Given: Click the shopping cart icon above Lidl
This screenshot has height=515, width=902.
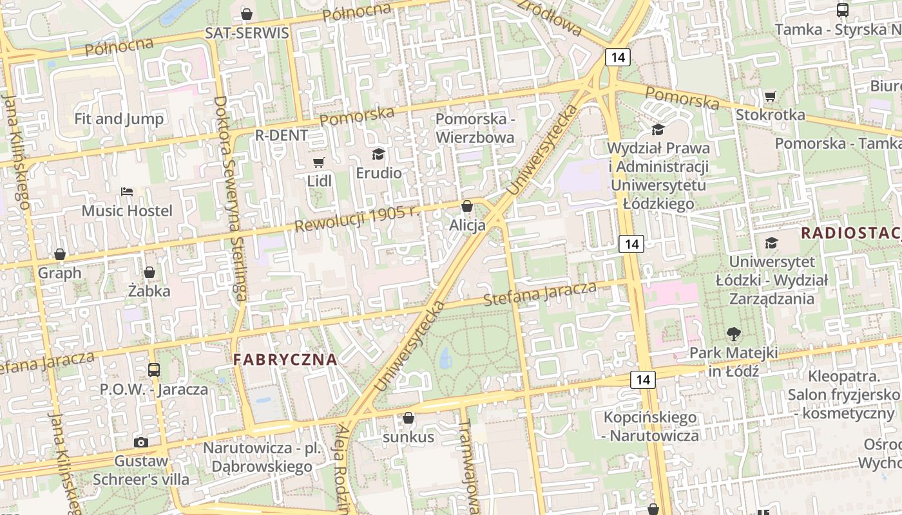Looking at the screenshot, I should tap(318, 162).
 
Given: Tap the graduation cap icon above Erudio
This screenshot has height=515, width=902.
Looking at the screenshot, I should tap(378, 154).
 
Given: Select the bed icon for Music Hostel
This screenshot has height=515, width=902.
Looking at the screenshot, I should tap(127, 192).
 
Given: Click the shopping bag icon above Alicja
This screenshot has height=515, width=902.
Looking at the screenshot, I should tap(467, 207).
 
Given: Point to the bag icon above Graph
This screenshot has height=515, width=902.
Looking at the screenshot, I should tap(60, 254).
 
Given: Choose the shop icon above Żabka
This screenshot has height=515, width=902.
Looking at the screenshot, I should tap(149, 272).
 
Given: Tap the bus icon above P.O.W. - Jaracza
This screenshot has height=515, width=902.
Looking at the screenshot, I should tap(154, 370).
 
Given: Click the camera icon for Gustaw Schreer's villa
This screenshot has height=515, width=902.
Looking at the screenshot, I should tap(141, 442).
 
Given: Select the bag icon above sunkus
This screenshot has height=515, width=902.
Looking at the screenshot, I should tap(408, 418).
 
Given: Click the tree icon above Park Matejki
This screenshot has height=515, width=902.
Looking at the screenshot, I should tap(733, 333).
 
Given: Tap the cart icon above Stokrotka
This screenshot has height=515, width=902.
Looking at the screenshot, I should tap(770, 97).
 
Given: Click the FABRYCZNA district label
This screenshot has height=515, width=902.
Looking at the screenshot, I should tap(285, 360).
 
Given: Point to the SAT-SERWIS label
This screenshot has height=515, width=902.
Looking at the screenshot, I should tap(247, 33).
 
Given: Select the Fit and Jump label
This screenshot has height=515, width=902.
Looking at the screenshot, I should tap(119, 118).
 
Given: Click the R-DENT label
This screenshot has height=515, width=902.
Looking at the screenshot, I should tap(282, 136).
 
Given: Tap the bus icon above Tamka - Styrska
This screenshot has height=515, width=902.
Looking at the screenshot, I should tap(842, 10).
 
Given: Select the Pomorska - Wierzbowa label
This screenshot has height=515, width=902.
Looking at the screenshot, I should tap(475, 128).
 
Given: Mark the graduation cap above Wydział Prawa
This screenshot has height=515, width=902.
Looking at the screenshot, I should tap(658, 129).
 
